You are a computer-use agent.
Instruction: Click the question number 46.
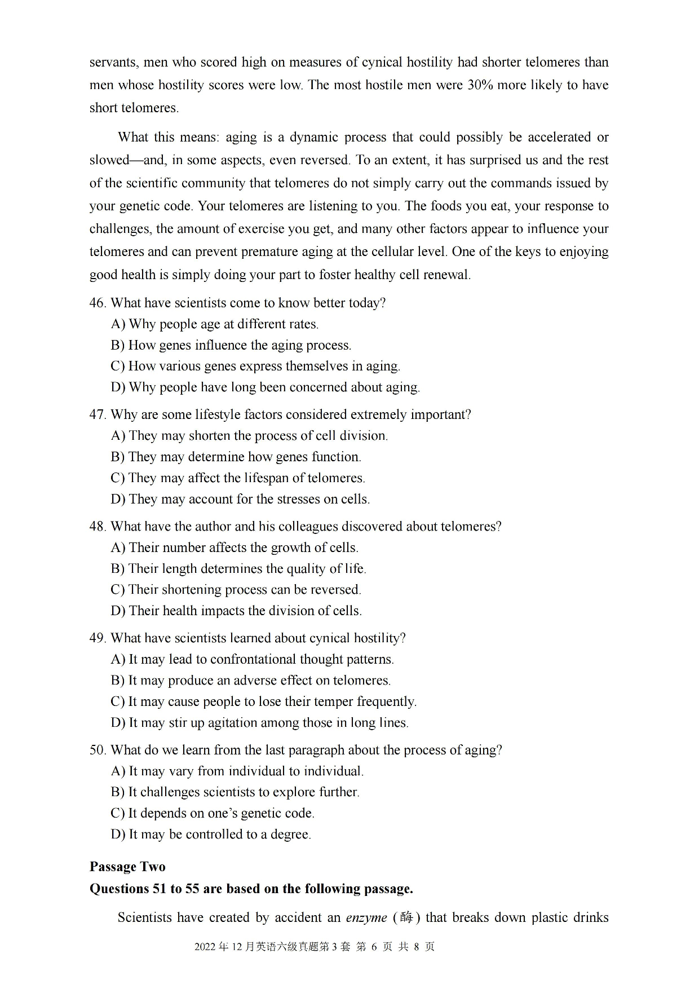point(97,303)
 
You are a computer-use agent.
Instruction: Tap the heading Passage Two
point(127,867)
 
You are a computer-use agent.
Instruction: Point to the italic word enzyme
point(366,918)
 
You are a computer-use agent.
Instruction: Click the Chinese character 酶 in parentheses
point(406,917)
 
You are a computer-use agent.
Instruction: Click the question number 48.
point(97,527)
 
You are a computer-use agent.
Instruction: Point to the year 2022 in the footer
point(205,947)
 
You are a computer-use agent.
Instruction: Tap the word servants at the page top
point(113,63)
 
